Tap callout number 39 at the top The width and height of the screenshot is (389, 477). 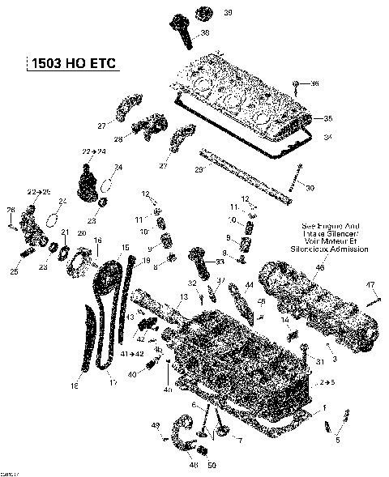204,12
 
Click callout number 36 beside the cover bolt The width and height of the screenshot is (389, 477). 315,83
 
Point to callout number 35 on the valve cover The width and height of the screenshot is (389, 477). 327,118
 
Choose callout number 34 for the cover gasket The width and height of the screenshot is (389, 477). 327,138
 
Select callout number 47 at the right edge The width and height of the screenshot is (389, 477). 370,284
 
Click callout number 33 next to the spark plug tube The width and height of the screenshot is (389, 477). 220,262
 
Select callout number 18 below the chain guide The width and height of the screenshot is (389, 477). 74,386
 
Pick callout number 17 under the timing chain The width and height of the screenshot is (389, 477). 113,382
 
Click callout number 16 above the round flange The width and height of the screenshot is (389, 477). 97,240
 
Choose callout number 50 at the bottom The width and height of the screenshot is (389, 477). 212,466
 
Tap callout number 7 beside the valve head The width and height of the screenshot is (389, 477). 239,439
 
